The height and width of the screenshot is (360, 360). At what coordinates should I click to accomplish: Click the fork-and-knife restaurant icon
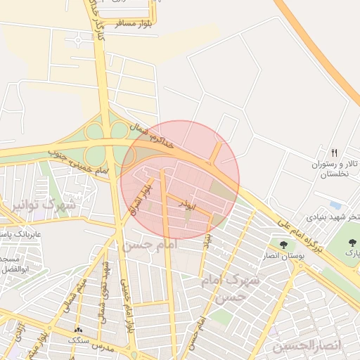(x=334, y=152)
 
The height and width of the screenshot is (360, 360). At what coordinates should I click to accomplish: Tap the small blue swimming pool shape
(x=335, y=206)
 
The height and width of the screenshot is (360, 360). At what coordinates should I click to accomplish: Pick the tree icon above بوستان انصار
(x=283, y=245)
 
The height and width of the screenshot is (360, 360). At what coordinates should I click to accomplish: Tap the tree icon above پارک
(x=352, y=241)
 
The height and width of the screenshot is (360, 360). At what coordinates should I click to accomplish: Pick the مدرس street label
(x=105, y=347)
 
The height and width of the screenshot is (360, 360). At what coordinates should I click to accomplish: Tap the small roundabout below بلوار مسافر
(x=76, y=41)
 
